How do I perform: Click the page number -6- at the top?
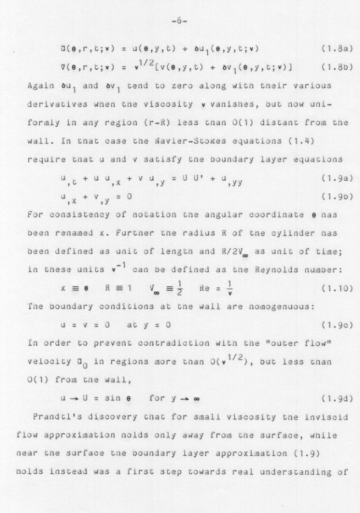pyautogui.click(x=180, y=21)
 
